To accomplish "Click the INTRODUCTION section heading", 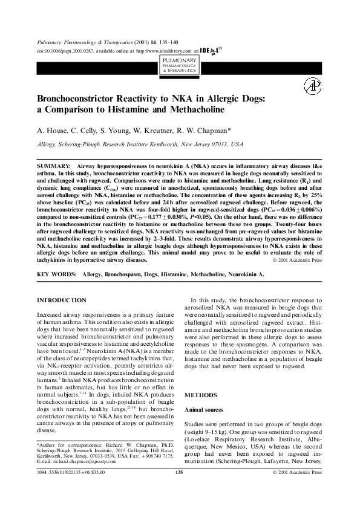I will tap(62, 300).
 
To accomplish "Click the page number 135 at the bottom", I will tap(179, 488).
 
